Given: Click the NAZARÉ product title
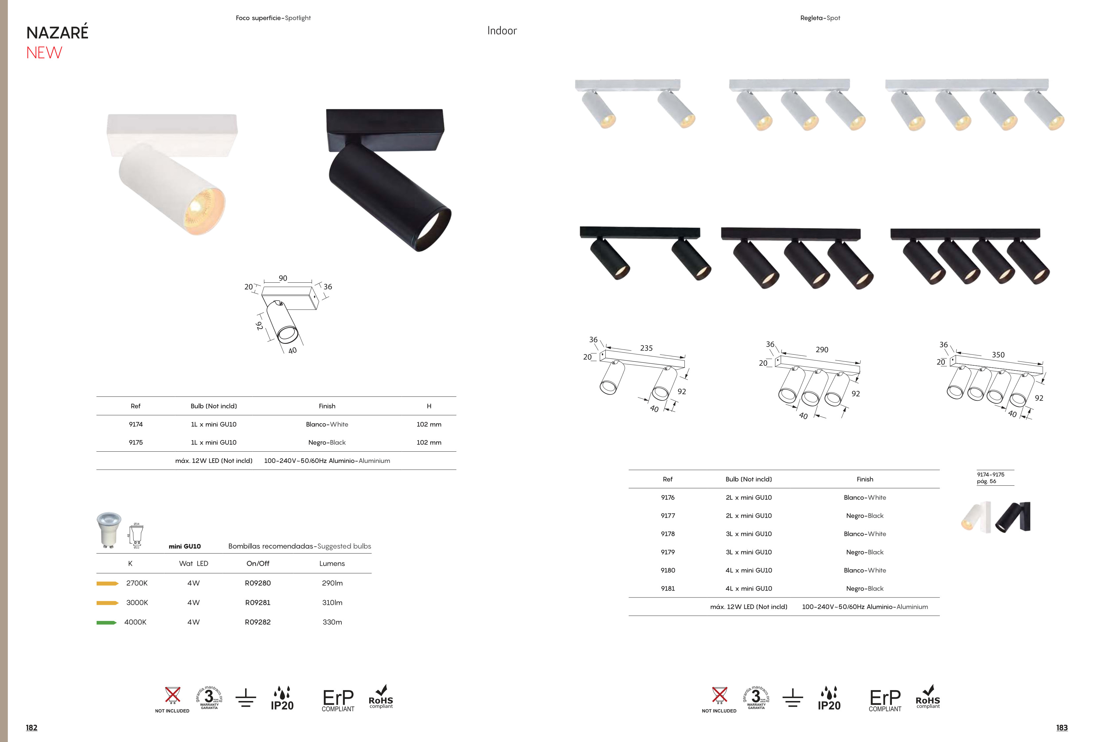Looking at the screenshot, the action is tap(58, 32).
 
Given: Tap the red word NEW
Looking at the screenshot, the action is tap(44, 53).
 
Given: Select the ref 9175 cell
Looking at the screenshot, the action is tap(136, 442).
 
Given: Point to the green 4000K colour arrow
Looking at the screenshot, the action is tap(107, 623).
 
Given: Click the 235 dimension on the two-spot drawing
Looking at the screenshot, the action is tap(646, 348).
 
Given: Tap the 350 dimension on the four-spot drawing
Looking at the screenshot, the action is tap(998, 355).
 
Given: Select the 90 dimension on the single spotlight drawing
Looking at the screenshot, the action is tap(283, 278).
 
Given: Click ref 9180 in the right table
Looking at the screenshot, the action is tap(668, 570).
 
